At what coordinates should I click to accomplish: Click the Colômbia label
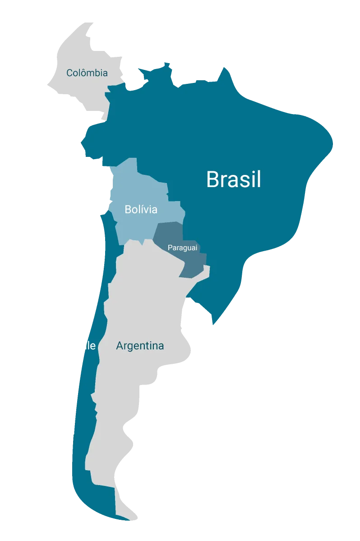pyautogui.click(x=87, y=73)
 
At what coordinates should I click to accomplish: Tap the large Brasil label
pyautogui.click(x=234, y=179)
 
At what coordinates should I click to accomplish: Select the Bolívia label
pyautogui.click(x=141, y=209)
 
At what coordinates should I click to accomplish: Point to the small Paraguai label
pyautogui.click(x=183, y=248)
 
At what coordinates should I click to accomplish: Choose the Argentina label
pyautogui.click(x=140, y=346)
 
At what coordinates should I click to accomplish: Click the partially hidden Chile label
pyautogui.click(x=90, y=346)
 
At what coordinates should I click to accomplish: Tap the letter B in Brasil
pyautogui.click(x=212, y=179)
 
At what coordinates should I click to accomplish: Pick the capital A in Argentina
pyautogui.click(x=120, y=346)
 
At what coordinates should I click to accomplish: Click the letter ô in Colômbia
pyautogui.click(x=83, y=72)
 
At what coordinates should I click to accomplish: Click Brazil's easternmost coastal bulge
pyautogui.click(x=332, y=143)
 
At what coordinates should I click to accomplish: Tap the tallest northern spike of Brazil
pyautogui.click(x=224, y=69)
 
